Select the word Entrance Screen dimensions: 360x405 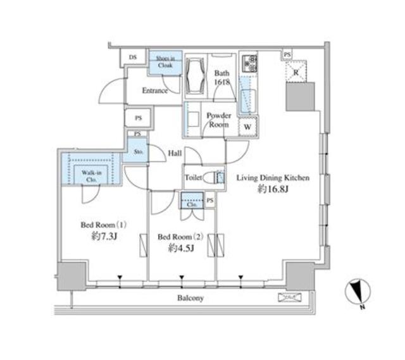tap(154, 90)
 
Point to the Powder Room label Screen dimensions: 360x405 tap(219, 120)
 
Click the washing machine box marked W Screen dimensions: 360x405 tap(249, 126)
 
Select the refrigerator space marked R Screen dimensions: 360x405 tap(296, 72)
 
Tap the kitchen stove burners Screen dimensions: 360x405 tap(249, 61)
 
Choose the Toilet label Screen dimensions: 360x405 tap(194, 178)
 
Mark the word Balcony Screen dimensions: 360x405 tap(190, 298)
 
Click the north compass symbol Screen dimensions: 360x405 tap(358, 293)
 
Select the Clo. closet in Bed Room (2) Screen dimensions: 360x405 tap(192, 204)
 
